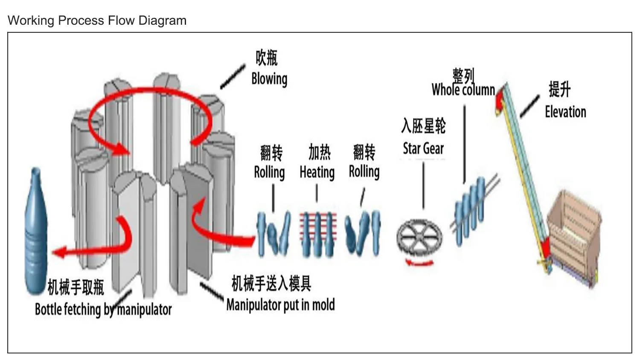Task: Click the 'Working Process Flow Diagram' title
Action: [97, 20]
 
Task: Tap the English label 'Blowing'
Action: [269, 79]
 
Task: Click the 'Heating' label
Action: [317, 172]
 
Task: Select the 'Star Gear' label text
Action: [423, 148]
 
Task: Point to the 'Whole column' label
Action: [463, 90]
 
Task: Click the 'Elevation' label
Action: [565, 112]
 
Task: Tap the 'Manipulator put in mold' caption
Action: [281, 305]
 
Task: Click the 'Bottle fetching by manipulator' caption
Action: [103, 309]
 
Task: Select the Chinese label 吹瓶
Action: [267, 58]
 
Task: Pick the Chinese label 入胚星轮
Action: [423, 125]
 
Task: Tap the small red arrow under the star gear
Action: [419, 262]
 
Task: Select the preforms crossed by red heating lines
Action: [318, 234]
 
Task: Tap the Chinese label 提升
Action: [560, 89]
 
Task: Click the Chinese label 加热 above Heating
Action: [320, 152]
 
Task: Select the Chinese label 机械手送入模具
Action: [271, 283]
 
